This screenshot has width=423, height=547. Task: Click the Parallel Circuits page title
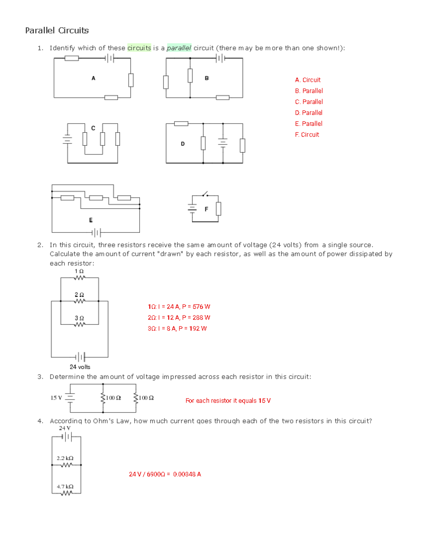57,31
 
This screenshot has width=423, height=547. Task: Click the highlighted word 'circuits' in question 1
139,48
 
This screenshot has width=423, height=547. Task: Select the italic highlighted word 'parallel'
179,48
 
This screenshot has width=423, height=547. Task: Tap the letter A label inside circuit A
93,78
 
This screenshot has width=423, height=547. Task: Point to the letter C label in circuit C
93,128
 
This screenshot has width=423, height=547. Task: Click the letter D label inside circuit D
183,144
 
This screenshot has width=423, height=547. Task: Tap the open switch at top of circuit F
205,194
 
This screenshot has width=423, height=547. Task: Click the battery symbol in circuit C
67,140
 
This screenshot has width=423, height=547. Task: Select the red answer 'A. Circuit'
308,80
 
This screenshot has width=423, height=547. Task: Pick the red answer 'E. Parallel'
308,124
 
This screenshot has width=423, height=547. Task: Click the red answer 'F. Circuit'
307,135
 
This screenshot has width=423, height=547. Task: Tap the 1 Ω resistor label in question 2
79,271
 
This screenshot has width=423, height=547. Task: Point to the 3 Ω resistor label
79,318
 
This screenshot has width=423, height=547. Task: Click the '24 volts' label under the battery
80,367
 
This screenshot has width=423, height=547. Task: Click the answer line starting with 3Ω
177,328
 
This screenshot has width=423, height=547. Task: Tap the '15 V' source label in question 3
56,398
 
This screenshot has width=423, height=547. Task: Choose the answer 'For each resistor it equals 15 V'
228,400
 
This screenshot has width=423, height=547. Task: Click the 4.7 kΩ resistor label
65,486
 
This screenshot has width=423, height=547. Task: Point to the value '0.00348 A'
187,474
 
